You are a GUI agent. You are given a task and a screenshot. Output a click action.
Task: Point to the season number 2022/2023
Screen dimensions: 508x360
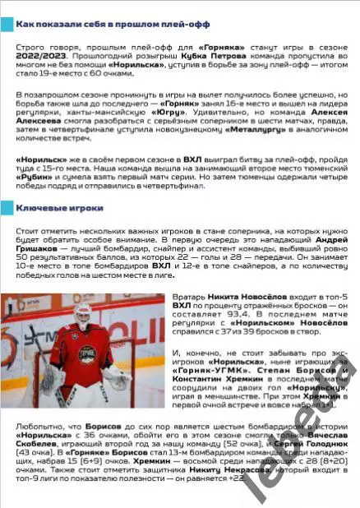pyautogui.click(x=34, y=61)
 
